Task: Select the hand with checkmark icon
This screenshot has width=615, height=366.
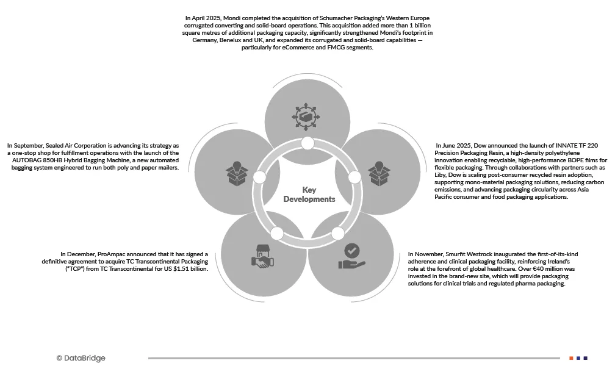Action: point(351,257)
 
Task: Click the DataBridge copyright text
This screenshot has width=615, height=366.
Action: point(81,358)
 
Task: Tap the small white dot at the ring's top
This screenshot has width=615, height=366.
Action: point(307,144)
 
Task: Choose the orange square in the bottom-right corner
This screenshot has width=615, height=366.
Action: point(571,358)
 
